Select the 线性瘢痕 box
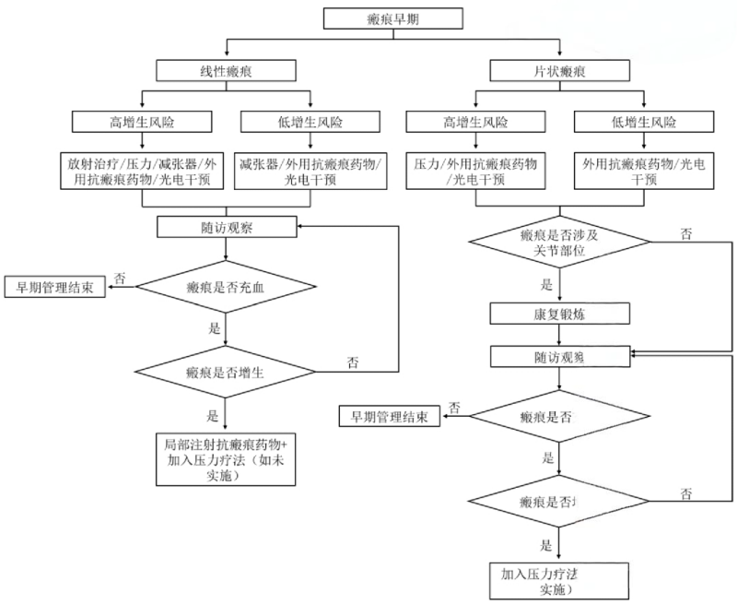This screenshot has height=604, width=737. click(226, 70)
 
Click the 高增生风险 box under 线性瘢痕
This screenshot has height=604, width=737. click(140, 121)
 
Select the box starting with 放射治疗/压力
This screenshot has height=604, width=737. click(140, 169)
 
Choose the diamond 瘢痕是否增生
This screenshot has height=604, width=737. click(225, 372)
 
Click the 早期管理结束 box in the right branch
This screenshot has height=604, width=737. click(388, 417)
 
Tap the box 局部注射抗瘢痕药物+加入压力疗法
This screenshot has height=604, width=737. click(225, 458)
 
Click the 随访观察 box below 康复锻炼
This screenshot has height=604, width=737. click(560, 355)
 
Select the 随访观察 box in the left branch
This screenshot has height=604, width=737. click(226, 225)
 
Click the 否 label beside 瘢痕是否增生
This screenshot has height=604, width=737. click(353, 362)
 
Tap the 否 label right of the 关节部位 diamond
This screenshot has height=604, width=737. click(686, 233)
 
